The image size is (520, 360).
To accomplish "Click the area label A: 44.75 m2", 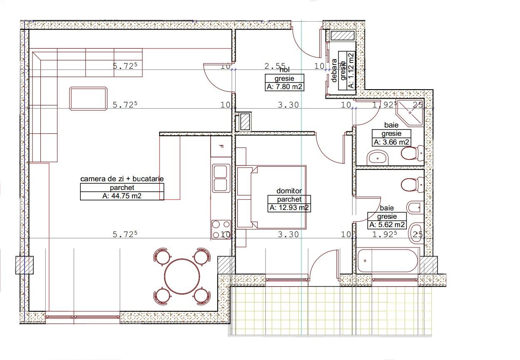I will click(x=122, y=196).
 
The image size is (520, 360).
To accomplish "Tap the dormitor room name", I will click(x=289, y=191).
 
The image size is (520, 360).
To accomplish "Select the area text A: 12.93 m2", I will click(x=289, y=207).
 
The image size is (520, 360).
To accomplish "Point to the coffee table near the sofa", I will click(x=89, y=98).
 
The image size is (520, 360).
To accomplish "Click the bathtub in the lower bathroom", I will click(x=387, y=261).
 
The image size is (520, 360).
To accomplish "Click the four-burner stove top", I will click(x=221, y=229).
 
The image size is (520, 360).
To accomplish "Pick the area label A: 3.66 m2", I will click(x=391, y=142).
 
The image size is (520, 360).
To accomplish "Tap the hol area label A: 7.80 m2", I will click(x=285, y=87).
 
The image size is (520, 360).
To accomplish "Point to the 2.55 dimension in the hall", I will click(x=275, y=66).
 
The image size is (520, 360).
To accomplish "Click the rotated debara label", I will click(x=334, y=70).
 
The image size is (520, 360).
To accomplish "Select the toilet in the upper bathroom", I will click(x=413, y=154).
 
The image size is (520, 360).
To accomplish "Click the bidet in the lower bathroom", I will click(x=416, y=207).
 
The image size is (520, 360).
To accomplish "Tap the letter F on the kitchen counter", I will click(x=221, y=147).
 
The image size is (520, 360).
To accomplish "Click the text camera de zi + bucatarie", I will click(x=122, y=179).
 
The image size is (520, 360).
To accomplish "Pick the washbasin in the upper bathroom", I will click(x=378, y=157).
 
